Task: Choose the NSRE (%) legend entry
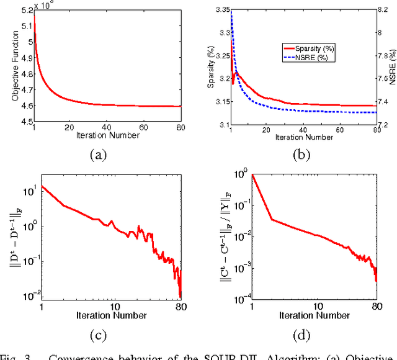click(314, 56)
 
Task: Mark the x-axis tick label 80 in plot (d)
click(376, 306)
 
